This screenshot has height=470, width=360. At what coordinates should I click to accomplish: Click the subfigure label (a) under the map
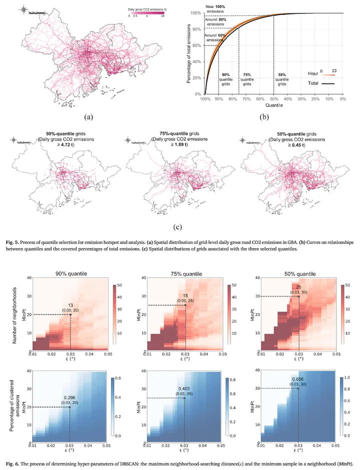[x=88, y=117]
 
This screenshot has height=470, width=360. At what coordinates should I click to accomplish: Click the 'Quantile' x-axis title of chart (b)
[x=273, y=105]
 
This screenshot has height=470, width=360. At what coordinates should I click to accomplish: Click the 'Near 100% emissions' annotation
[x=216, y=8]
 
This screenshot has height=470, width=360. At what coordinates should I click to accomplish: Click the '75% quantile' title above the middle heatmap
[x=185, y=274]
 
